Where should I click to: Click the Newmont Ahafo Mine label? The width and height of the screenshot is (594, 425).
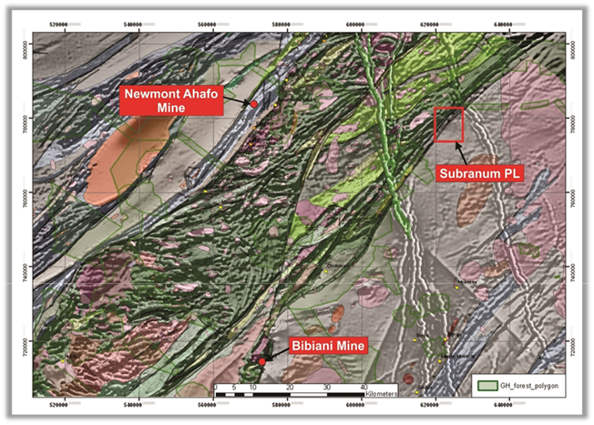pos(168,100)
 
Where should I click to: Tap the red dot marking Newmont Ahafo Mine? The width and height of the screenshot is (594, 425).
pos(253,105)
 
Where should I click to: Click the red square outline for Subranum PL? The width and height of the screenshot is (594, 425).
pos(449,124)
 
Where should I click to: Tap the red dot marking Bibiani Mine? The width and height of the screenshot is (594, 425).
pos(261,361)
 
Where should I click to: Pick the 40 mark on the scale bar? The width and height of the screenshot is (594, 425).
pos(364,388)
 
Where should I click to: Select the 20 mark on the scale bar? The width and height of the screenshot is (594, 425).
pos(289,388)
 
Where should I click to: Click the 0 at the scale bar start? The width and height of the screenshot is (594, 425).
pos(215,388)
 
